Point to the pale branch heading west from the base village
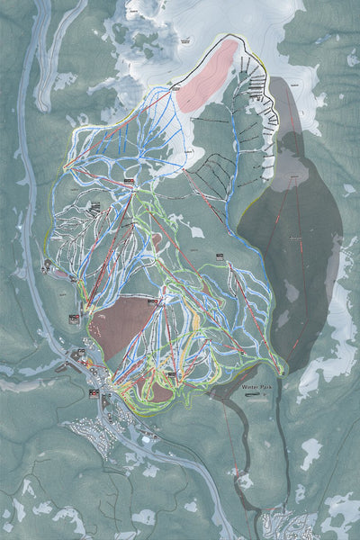[x=27, y=370]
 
